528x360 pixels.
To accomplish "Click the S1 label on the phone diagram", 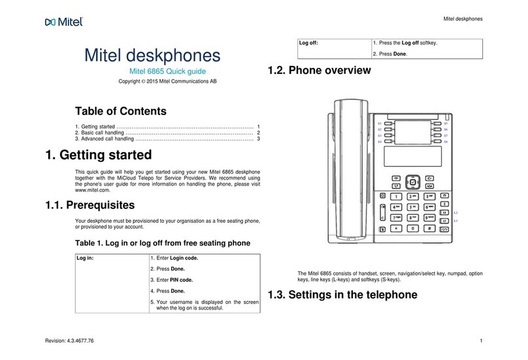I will [x=380, y=123].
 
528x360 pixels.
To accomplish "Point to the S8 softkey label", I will [x=446, y=141].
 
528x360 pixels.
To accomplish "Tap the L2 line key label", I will [x=455, y=213].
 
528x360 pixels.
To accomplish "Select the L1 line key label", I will [x=455, y=222].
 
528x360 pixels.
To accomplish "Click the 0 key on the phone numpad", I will [x=412, y=229].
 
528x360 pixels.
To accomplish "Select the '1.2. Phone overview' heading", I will [x=320, y=70].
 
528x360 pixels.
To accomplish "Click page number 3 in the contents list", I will [x=259, y=139].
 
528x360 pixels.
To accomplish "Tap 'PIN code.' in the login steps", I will [x=184, y=280].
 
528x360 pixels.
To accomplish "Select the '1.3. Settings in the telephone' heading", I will [x=342, y=295].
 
